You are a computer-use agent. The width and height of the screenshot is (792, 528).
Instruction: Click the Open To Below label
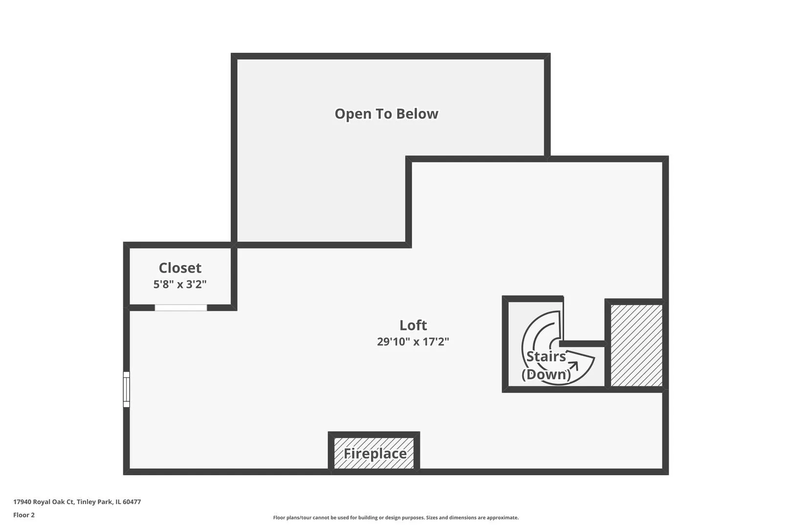pos(386,114)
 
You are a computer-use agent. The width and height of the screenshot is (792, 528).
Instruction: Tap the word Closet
pos(180,268)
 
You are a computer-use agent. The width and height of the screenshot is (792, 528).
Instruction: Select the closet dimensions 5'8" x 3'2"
pos(180,285)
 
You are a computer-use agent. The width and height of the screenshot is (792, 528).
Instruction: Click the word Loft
pos(413,325)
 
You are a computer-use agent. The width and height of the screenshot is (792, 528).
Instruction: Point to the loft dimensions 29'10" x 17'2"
pos(413,342)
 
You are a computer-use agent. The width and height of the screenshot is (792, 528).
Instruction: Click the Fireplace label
pos(375,454)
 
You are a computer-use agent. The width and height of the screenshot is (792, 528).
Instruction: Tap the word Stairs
pos(546,356)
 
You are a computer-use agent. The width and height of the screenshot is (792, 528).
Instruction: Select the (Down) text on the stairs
pos(546,374)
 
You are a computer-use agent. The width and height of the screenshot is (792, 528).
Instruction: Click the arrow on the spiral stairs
pos(573,366)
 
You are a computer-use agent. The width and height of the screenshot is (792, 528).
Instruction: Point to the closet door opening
pos(181,308)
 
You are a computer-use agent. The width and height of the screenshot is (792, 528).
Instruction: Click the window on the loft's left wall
pos(126,389)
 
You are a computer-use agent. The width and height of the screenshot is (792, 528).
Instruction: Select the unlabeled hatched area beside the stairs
pos(637,346)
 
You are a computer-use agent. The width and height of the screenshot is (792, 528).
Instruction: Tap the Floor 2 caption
pos(24,515)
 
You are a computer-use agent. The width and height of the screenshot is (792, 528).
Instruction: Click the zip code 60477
pos(132,502)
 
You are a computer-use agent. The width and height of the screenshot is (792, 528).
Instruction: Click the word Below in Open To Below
pos(417,114)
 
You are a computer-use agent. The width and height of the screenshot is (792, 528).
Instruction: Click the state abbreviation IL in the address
pos(118,502)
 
